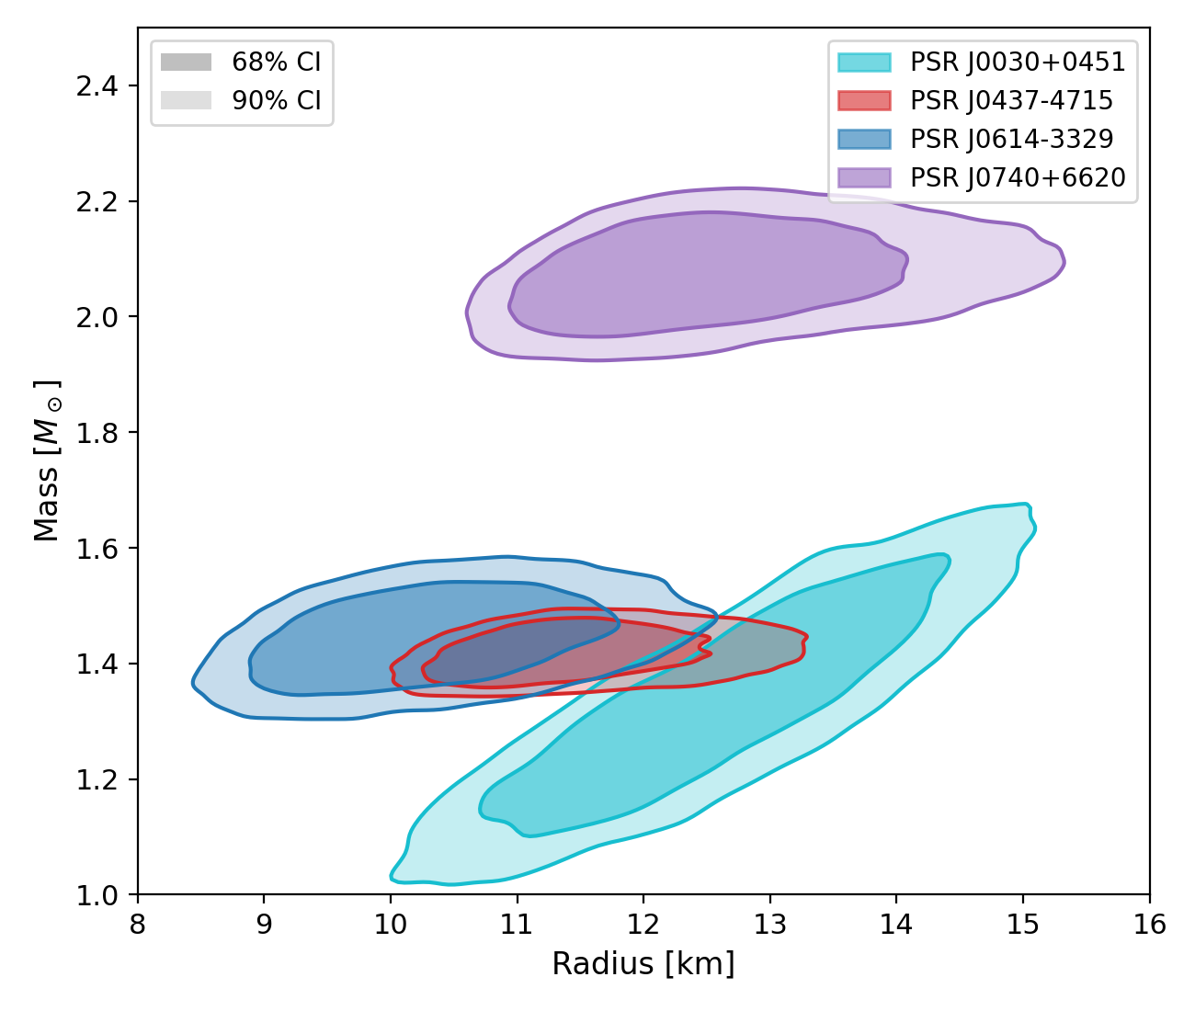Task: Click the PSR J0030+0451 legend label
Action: [x=1018, y=62]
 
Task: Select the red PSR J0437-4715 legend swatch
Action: [x=864, y=101]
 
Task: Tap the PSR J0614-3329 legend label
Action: [x=1011, y=140]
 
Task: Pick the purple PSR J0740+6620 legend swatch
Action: [x=864, y=177]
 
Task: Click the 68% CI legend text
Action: [x=277, y=62]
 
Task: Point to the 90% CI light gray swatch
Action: [x=186, y=101]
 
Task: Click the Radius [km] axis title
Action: [x=643, y=964]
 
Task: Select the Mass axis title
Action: [x=47, y=460]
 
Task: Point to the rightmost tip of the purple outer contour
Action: [x=1064, y=264]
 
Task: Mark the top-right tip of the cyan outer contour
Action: [x=1028, y=505]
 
